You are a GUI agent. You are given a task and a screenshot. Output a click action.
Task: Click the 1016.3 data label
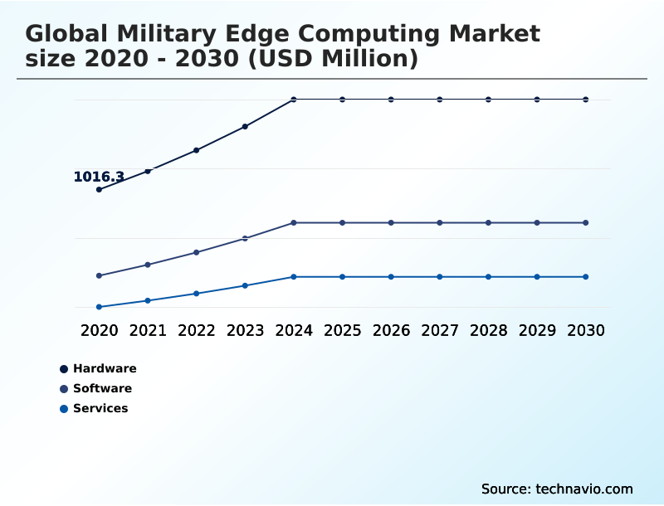click(x=99, y=177)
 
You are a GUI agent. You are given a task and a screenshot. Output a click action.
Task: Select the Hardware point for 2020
click(x=99, y=190)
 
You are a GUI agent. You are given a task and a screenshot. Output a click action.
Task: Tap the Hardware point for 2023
click(x=245, y=127)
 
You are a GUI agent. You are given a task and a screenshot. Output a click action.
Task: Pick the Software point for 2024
click(x=294, y=223)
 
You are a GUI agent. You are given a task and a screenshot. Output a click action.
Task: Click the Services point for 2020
click(x=99, y=307)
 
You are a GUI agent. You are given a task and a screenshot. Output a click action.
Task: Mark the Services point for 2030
click(x=586, y=277)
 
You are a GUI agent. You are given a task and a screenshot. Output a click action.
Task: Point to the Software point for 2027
click(x=440, y=223)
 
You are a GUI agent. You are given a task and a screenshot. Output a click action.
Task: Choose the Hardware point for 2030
click(x=586, y=100)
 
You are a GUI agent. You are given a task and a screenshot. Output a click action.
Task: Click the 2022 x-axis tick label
click(x=197, y=330)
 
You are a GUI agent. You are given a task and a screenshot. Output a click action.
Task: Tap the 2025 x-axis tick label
click(x=343, y=330)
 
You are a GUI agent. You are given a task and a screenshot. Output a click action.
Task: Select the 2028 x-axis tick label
click(x=489, y=330)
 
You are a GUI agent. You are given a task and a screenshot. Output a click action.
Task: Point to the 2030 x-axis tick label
click(x=586, y=330)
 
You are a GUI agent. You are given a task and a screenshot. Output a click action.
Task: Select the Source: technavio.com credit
click(x=557, y=489)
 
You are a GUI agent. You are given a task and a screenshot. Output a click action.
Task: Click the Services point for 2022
click(x=197, y=294)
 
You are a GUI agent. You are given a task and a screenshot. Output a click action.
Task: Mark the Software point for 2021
click(x=148, y=265)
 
